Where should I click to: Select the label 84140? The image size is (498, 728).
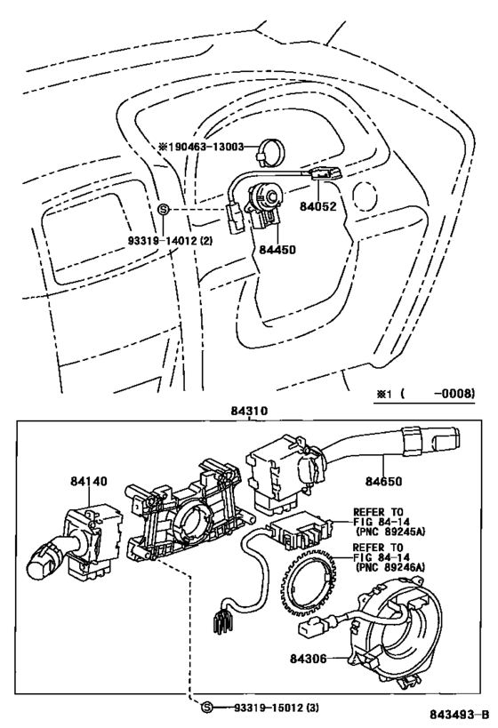pos(89,481)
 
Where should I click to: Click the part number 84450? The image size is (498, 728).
pos(277,250)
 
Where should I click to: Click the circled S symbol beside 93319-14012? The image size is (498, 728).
pos(163,209)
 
